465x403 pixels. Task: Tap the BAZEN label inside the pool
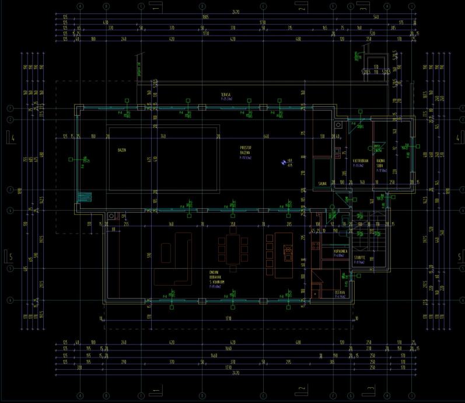pos(123,150)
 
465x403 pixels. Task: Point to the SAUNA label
pos(321,183)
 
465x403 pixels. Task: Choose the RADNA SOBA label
pos(380,164)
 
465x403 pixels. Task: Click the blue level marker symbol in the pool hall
pos(284,163)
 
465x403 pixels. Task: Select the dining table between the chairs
pos(233,250)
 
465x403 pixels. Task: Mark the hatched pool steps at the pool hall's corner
pos(85,197)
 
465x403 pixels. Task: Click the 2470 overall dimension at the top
pos(236,11)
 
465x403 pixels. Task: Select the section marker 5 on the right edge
pos(457,256)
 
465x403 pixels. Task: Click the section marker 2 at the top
pos(300,8)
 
